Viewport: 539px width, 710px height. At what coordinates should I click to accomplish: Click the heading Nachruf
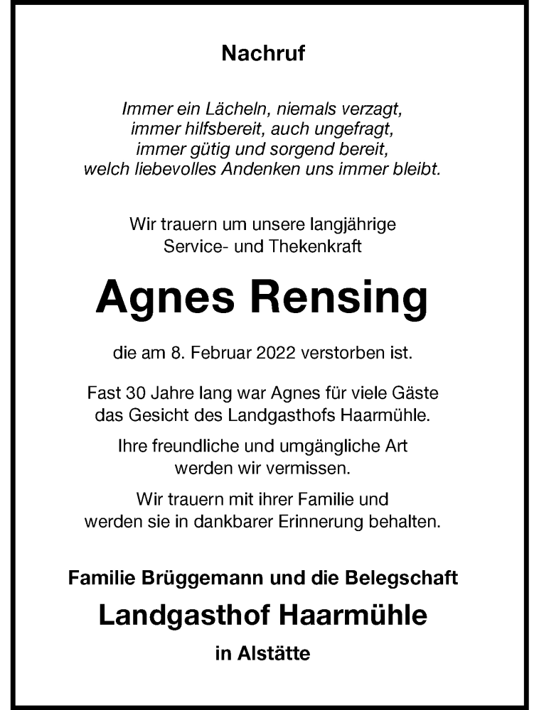(263, 54)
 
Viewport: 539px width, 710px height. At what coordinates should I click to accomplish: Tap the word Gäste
(417, 393)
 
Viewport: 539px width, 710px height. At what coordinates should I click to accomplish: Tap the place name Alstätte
(274, 653)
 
